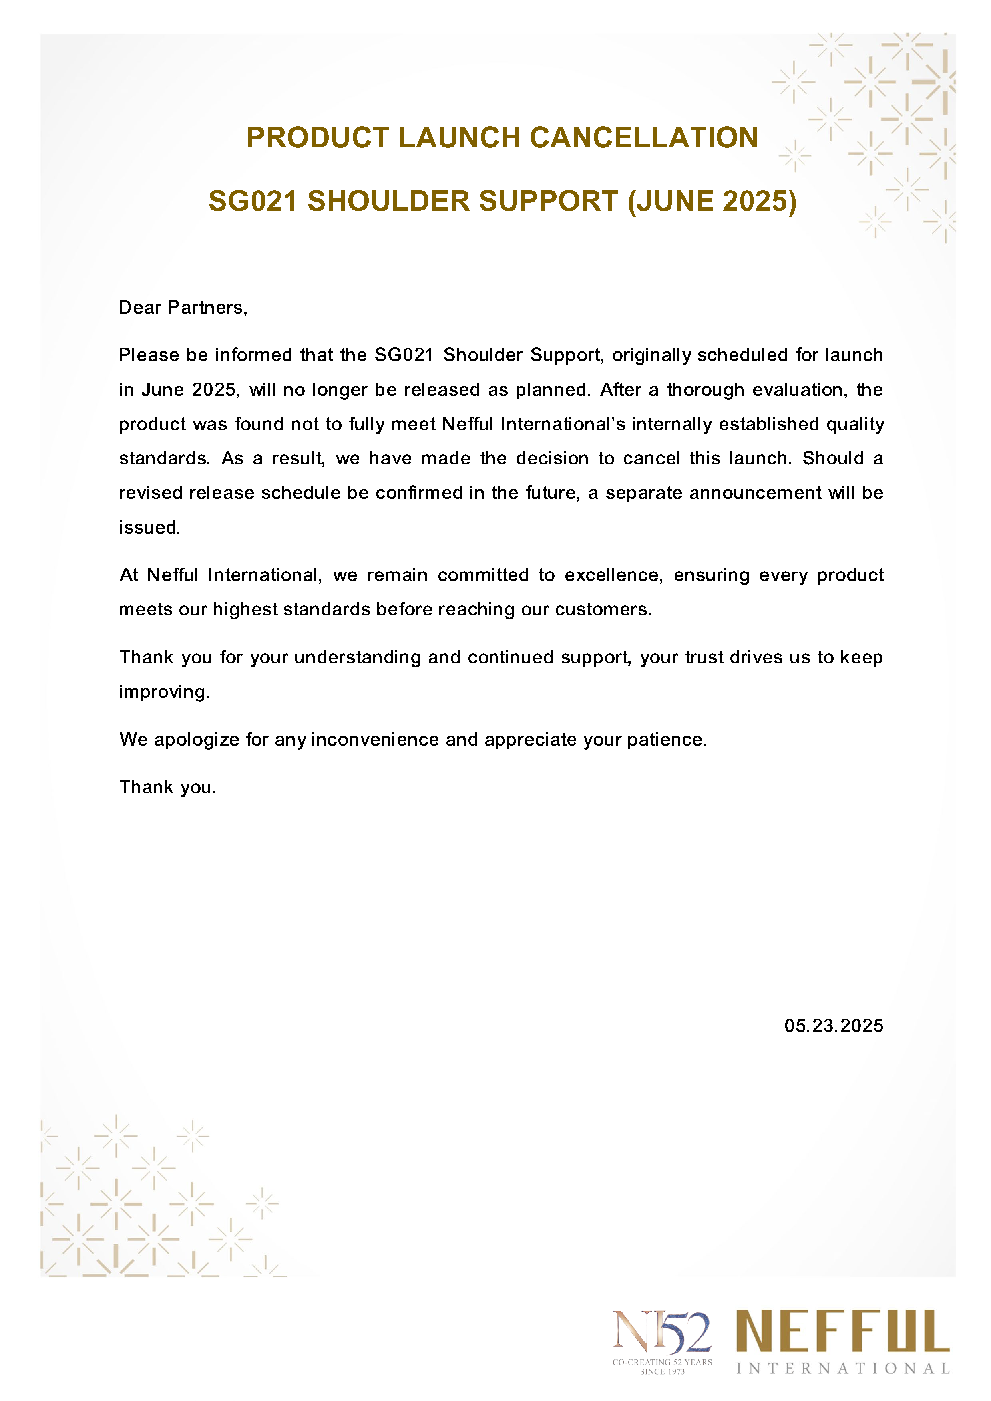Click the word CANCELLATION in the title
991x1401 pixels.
tap(644, 138)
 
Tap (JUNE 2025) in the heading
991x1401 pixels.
tap(712, 201)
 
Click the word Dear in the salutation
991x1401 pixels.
tap(140, 308)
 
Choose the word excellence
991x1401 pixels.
tap(613, 575)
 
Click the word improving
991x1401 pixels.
tap(164, 692)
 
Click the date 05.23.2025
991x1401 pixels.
tap(834, 1026)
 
